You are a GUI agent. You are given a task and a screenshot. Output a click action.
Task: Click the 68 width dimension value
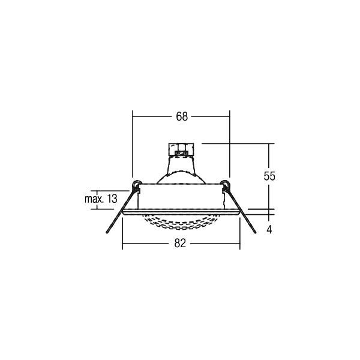click(x=181, y=117)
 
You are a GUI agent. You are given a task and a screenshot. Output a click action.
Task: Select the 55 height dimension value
click(x=269, y=176)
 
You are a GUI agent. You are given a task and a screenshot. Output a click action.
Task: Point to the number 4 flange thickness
click(x=269, y=229)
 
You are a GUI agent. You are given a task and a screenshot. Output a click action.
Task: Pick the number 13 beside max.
click(x=112, y=199)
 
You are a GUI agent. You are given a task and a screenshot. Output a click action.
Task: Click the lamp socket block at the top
click(x=181, y=148)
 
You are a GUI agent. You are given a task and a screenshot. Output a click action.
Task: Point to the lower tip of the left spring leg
click(x=106, y=235)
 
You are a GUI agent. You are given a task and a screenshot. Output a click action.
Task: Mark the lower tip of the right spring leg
click(x=257, y=235)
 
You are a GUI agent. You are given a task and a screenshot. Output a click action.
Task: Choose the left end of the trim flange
click(x=124, y=212)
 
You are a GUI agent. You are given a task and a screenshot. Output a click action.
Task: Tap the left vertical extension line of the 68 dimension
click(x=132, y=144)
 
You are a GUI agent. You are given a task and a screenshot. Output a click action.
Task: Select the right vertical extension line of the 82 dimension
click(x=239, y=234)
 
